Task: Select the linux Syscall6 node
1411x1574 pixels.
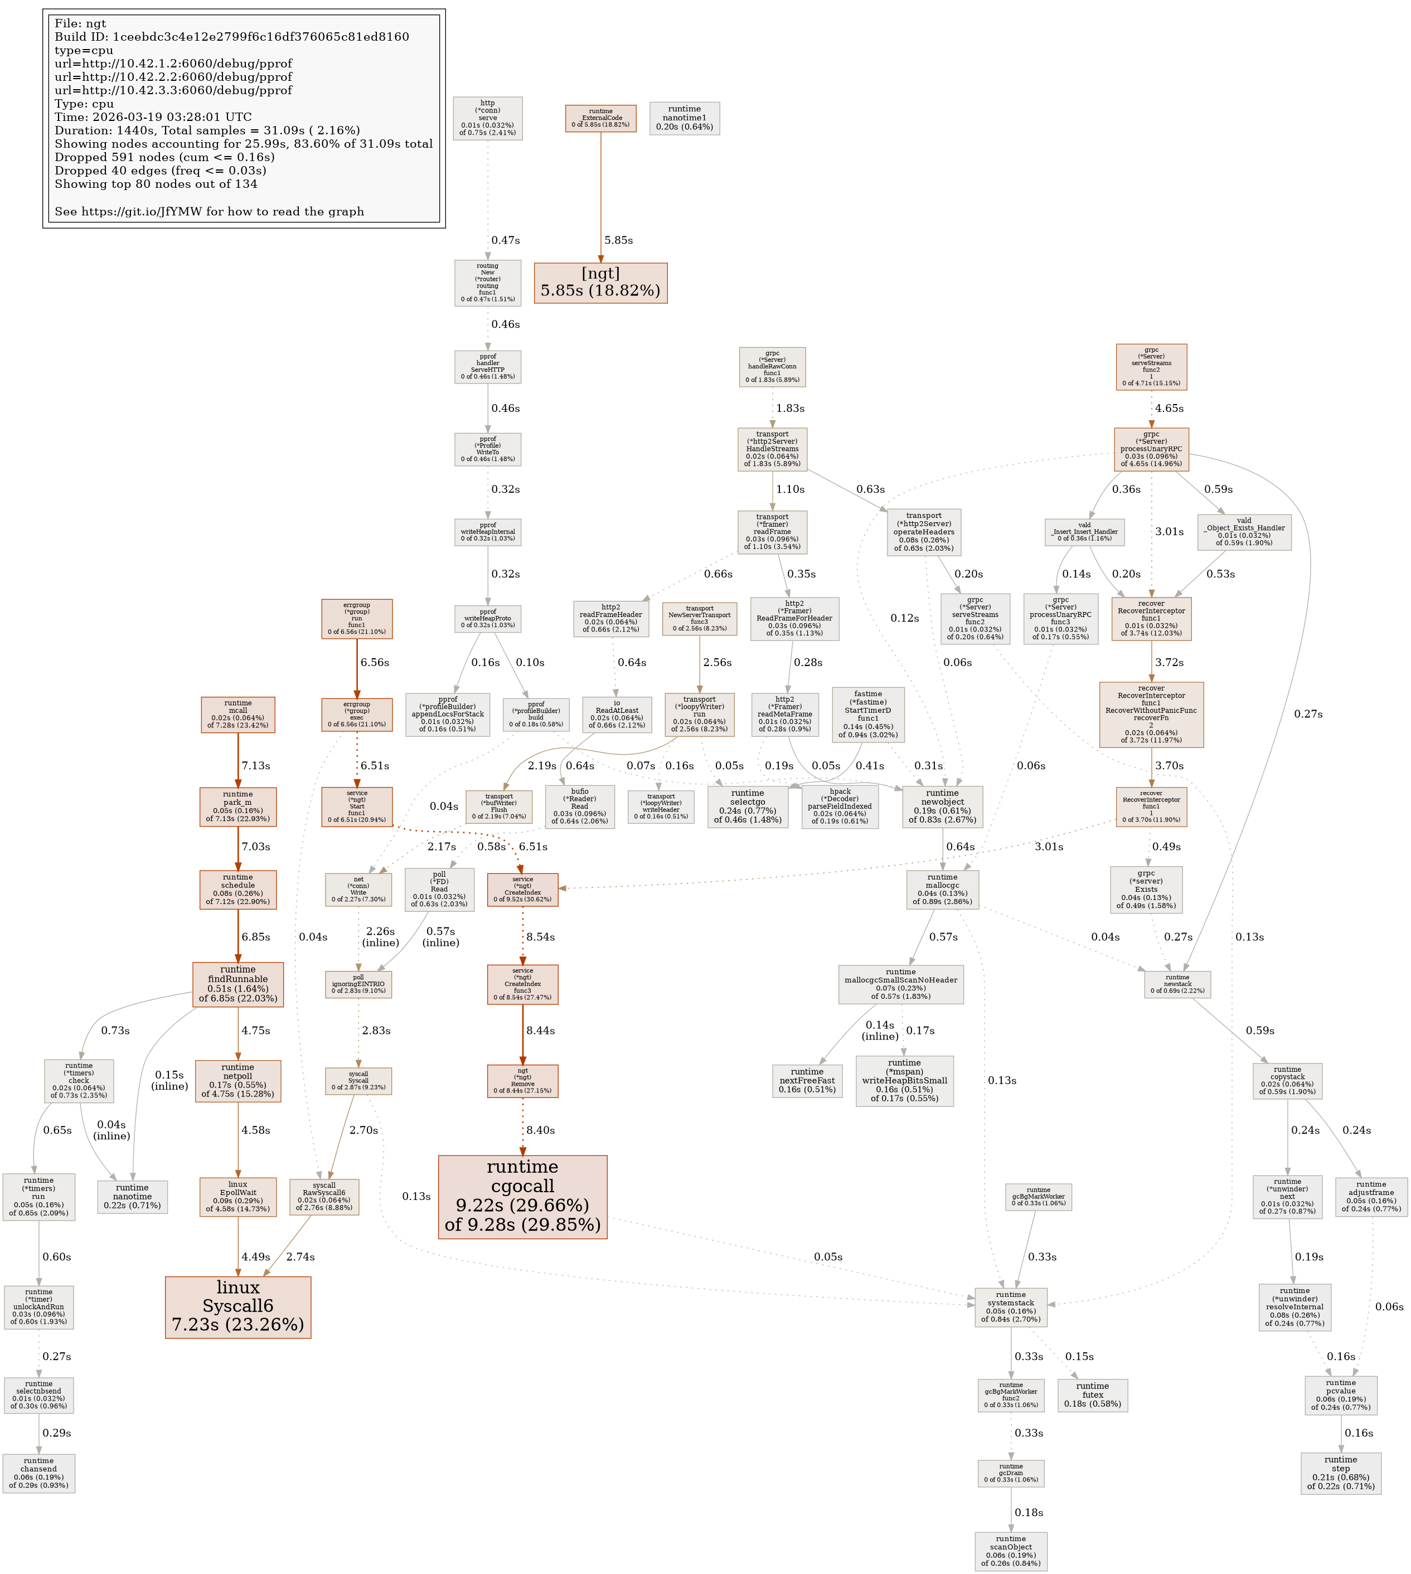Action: [x=237, y=1306]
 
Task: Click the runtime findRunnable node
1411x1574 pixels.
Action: [x=237, y=984]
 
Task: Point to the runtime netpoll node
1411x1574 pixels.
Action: [x=237, y=1081]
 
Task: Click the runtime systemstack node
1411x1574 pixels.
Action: [x=1010, y=1308]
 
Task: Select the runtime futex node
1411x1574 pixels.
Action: [x=1092, y=1395]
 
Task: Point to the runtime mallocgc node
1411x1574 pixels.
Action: [x=942, y=890]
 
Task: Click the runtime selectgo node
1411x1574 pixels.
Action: [x=748, y=807]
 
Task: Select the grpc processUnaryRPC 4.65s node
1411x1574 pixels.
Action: [x=1151, y=449]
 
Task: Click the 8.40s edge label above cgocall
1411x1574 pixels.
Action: [x=540, y=1131]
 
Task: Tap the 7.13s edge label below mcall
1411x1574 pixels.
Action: [x=255, y=766]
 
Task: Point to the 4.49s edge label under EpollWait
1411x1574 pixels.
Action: [x=255, y=1257]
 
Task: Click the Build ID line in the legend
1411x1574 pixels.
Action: [x=232, y=37]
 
